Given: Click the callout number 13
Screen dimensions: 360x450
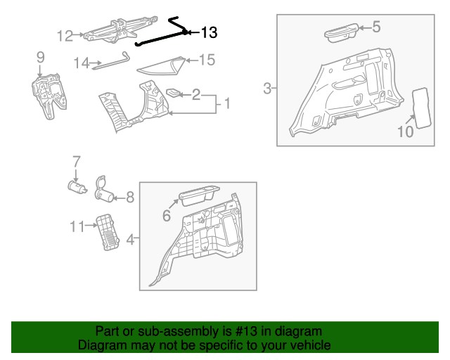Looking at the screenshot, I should pos(209,32).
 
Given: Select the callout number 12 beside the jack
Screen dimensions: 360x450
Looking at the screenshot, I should pos(65,35).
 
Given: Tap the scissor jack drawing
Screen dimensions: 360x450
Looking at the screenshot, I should pos(112,31).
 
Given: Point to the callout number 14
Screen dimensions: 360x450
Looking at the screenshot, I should pos(82,63).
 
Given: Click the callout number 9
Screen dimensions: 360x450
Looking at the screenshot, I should pos(40,56).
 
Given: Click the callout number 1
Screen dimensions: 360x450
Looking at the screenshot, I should pos(226,104).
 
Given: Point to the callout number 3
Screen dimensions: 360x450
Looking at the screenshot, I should pos(267,88).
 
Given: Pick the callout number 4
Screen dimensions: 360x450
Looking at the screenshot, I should pos(130,240).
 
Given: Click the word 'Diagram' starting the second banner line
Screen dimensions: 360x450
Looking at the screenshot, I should pos(101,345).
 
